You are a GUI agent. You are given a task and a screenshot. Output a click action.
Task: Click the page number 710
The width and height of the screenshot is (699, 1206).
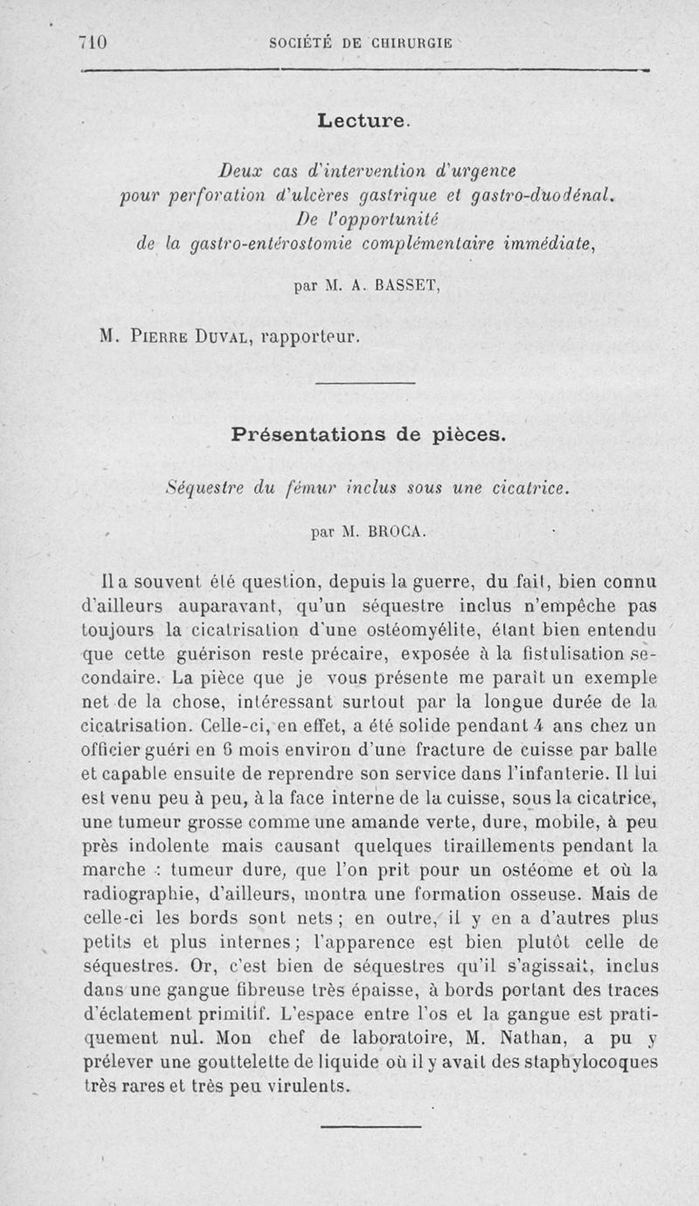(92, 42)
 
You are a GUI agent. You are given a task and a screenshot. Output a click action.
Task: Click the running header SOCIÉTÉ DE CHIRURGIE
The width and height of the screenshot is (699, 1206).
(361, 42)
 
